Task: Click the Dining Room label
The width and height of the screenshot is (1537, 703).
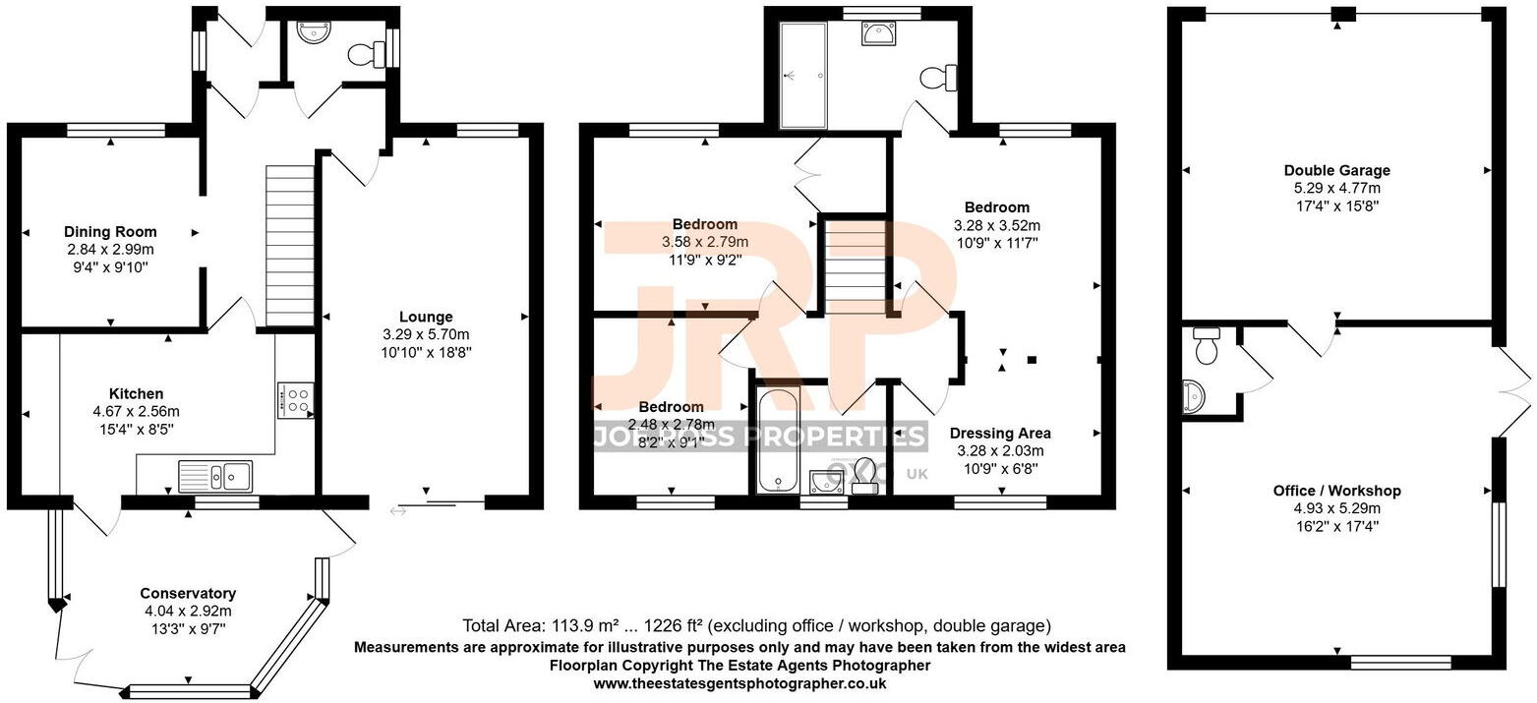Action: tap(110, 232)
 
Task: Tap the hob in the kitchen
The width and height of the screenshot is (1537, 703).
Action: tap(295, 400)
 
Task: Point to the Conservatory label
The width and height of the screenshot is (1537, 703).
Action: tap(187, 593)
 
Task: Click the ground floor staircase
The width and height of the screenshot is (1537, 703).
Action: tap(290, 245)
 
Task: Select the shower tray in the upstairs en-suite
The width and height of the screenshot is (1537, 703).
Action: tap(803, 76)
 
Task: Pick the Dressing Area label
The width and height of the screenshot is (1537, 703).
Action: tap(999, 433)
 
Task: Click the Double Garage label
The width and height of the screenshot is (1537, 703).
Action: tap(1336, 170)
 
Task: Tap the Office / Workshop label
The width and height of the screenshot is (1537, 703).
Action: tap(1336, 491)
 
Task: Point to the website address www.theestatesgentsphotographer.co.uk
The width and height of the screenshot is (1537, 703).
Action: tap(739, 683)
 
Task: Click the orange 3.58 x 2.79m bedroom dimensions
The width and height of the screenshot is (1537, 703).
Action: tap(704, 242)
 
